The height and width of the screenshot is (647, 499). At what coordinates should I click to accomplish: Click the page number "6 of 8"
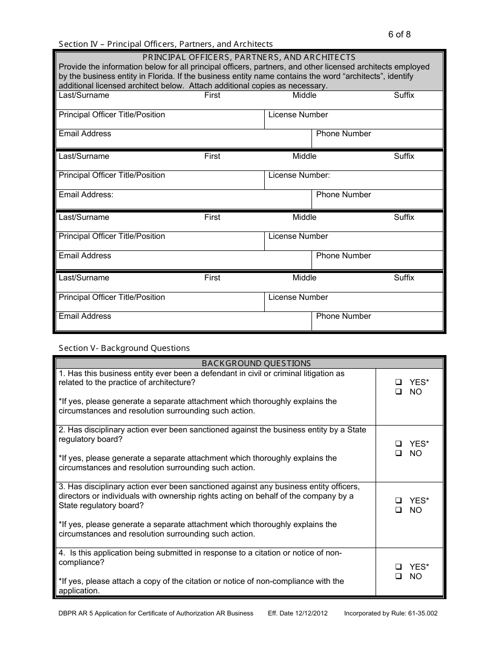(399, 35)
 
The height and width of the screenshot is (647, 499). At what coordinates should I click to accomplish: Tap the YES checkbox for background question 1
(399, 382)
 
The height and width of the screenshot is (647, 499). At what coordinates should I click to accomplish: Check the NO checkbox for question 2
(399, 453)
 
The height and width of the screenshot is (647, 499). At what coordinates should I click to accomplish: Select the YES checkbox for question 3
(399, 501)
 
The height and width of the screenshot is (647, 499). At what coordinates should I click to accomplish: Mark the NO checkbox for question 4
(399, 577)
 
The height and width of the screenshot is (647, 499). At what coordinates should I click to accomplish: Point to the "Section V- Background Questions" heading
(124, 348)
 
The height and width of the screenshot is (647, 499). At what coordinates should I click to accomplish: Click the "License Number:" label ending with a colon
(299, 176)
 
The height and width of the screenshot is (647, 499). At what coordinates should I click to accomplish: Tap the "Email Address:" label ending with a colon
(86, 195)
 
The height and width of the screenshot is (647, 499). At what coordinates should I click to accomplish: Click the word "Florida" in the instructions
(158, 76)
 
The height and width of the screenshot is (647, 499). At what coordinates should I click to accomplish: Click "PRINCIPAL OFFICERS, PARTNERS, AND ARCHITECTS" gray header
(249, 57)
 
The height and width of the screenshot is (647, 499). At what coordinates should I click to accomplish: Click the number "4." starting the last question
(62, 553)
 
